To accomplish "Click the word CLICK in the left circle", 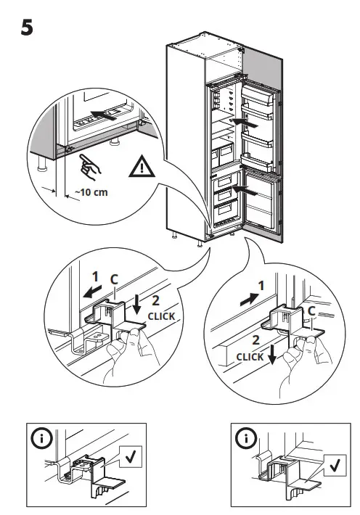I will click(x=162, y=316).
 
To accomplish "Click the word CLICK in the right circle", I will click(x=250, y=357).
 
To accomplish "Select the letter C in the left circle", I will click(x=113, y=278).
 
